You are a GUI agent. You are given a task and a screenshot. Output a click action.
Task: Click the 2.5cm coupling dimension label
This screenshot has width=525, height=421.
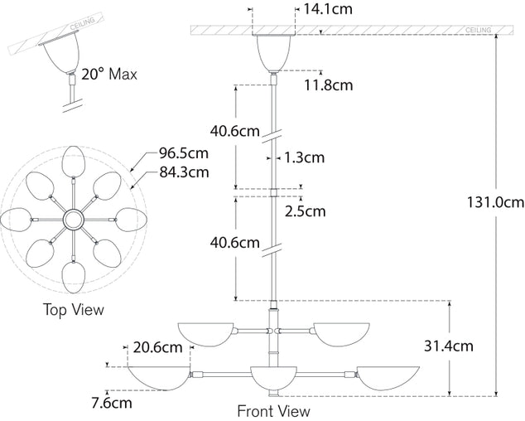(x=306, y=210)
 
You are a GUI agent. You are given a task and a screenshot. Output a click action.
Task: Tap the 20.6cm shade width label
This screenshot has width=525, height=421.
(x=157, y=349)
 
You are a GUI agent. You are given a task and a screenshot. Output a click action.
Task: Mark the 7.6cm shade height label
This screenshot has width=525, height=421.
(x=110, y=404)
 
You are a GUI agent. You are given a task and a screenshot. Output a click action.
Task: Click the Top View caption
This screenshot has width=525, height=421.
(x=75, y=310)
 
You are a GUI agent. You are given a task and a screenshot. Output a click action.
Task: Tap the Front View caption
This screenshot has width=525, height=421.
(x=273, y=411)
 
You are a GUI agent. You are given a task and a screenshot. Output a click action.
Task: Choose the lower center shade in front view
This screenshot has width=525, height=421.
(x=273, y=380)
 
